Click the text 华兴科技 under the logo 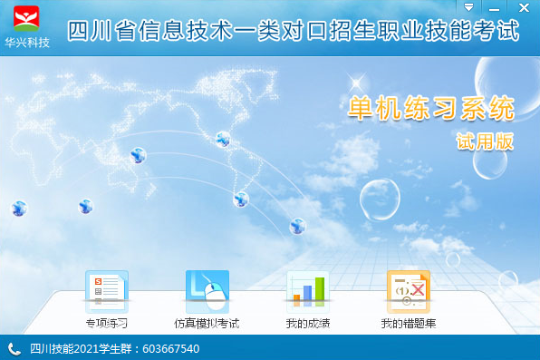(27, 43)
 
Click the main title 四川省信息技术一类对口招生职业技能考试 (294, 31)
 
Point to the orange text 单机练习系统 (431, 108)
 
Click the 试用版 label (485, 141)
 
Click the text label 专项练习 (107, 323)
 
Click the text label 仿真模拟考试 (207, 323)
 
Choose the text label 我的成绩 (308, 323)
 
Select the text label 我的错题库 (409, 323)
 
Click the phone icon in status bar (14, 349)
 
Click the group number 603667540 (170, 349)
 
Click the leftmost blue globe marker (19, 209)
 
